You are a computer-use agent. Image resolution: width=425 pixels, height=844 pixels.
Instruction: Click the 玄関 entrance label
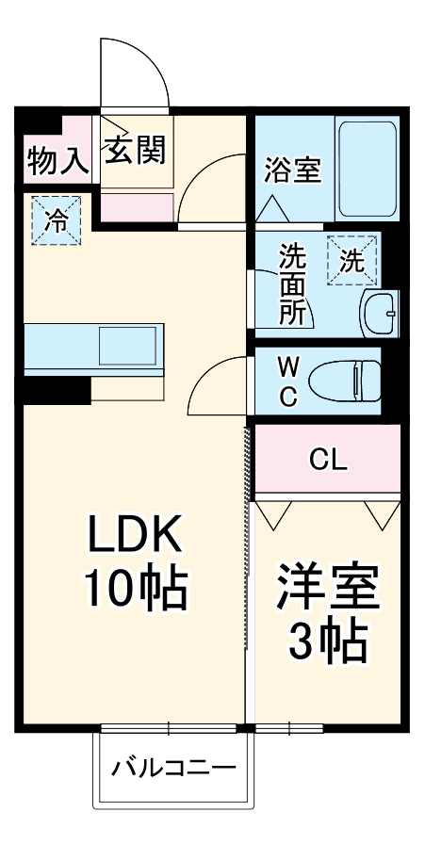(x=135, y=150)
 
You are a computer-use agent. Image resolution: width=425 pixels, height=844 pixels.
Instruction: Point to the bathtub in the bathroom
(x=368, y=168)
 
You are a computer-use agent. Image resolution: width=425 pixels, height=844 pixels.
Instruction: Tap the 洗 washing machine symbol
(x=351, y=261)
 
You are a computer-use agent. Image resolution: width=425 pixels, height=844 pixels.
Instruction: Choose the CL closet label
(x=329, y=460)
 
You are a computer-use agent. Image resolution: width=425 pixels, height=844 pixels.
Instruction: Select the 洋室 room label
(x=327, y=591)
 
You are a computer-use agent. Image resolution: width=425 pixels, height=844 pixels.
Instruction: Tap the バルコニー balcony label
(x=174, y=768)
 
